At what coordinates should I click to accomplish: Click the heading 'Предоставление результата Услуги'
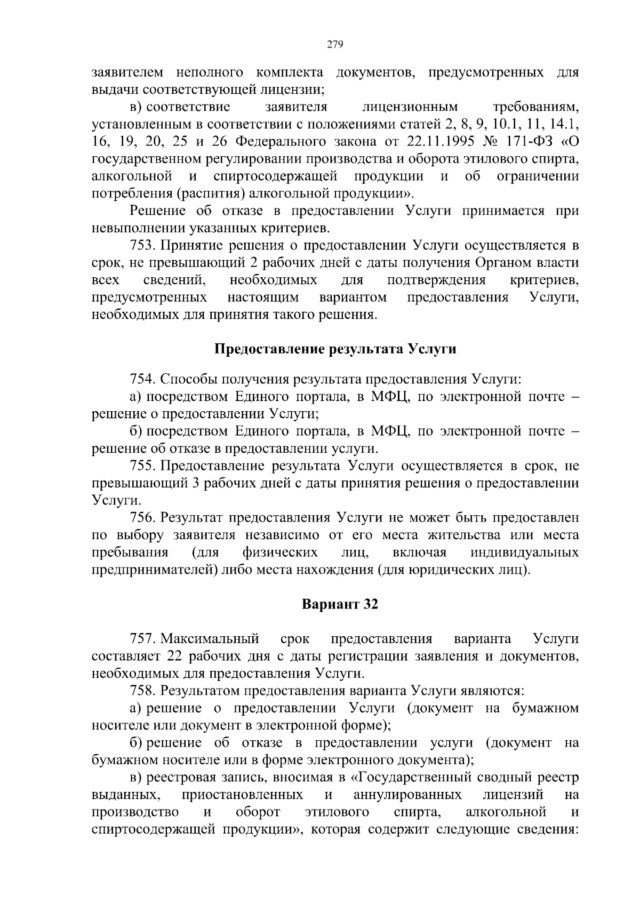335,349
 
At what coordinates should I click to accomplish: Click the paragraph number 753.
142,245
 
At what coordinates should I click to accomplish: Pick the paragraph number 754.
142,379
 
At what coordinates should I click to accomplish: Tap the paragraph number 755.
142,466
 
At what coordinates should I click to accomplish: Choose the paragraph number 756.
142,517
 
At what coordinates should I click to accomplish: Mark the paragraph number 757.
142,638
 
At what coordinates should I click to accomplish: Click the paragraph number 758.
142,691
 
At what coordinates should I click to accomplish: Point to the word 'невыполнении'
139,228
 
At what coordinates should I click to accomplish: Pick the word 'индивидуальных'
525,552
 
